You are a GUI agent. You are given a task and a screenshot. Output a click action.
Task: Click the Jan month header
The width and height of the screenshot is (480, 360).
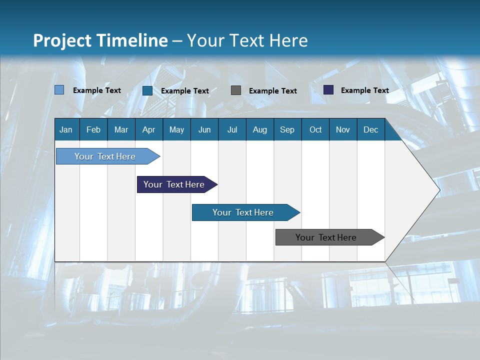[x=66, y=129]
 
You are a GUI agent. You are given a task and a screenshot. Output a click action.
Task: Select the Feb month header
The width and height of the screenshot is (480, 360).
[x=93, y=129]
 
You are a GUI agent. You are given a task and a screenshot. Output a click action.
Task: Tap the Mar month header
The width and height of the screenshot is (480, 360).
[x=121, y=129]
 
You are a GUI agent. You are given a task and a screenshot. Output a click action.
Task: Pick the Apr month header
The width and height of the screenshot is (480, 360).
[x=149, y=129]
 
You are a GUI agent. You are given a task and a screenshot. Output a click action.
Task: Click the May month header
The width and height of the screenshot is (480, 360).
[x=176, y=129]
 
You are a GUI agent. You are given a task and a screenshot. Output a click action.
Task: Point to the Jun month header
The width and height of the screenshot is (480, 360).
[x=204, y=129]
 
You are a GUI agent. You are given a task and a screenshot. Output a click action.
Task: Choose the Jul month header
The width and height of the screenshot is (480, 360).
[x=232, y=129]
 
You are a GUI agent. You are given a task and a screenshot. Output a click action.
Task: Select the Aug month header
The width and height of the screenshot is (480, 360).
[x=260, y=129]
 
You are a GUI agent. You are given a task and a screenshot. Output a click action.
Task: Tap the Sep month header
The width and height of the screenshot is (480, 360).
[x=287, y=129]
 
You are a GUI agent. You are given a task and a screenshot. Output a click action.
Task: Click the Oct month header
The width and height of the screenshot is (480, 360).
[x=315, y=129]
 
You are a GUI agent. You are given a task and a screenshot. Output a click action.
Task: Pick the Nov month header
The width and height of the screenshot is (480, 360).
[x=343, y=129]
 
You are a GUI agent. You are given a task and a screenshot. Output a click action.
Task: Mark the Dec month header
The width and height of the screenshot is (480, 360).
[x=371, y=129]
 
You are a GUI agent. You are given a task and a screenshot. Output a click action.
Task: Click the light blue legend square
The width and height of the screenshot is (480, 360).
[x=59, y=90]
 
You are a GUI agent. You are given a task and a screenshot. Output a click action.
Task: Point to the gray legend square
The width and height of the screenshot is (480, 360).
[x=236, y=90]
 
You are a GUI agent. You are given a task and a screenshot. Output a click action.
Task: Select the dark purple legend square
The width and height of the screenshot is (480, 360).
[x=328, y=90]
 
